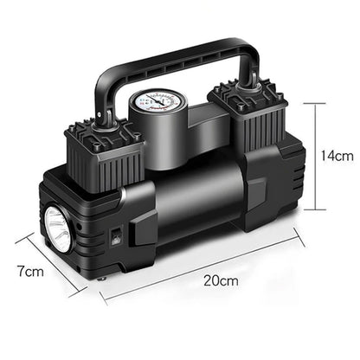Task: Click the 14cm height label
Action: [337, 156]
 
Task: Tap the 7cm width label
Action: [30, 272]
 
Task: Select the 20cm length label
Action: [221, 280]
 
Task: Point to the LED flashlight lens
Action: [57, 228]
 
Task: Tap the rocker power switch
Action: [115, 235]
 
